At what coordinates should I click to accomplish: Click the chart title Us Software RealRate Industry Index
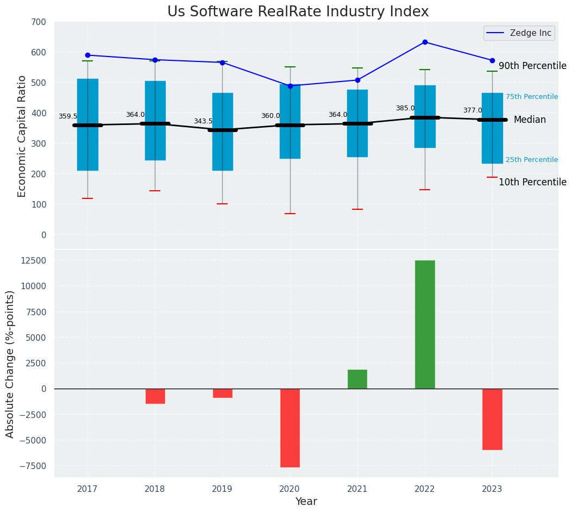tap(298, 12)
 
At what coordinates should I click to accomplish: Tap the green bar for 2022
tap(425, 324)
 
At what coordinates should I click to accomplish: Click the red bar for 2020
tap(290, 428)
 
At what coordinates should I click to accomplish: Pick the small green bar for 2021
tap(357, 379)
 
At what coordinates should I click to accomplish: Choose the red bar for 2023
tap(492, 419)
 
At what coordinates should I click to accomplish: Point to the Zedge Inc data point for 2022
tap(425, 42)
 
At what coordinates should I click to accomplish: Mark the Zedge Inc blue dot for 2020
tap(290, 86)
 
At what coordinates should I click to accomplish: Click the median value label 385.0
tap(405, 108)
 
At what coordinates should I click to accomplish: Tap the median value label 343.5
tap(203, 121)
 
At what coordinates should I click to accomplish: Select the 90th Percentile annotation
tap(532, 66)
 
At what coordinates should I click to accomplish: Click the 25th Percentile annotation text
tap(532, 160)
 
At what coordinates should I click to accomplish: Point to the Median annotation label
tap(530, 120)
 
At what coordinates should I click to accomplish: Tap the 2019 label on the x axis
tap(222, 489)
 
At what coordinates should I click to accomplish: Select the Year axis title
tap(306, 502)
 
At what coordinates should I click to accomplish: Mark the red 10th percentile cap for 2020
tap(290, 214)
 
